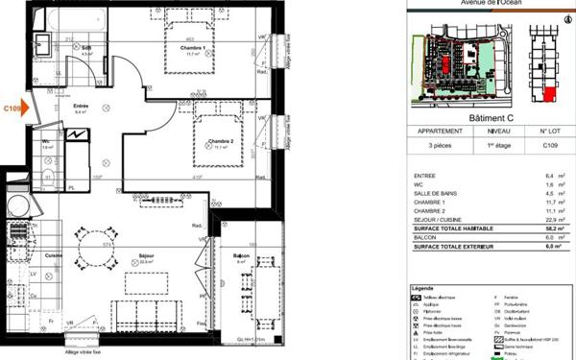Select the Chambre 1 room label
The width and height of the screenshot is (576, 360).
pyautogui.click(x=195, y=50)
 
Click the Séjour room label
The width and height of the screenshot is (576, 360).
pyautogui.click(x=145, y=256)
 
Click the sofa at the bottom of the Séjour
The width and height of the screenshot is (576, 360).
pyautogui.click(x=144, y=312)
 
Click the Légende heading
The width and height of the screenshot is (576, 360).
pyautogui.click(x=423, y=287)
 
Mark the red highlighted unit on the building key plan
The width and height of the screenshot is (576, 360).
pyautogui.click(x=549, y=93)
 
